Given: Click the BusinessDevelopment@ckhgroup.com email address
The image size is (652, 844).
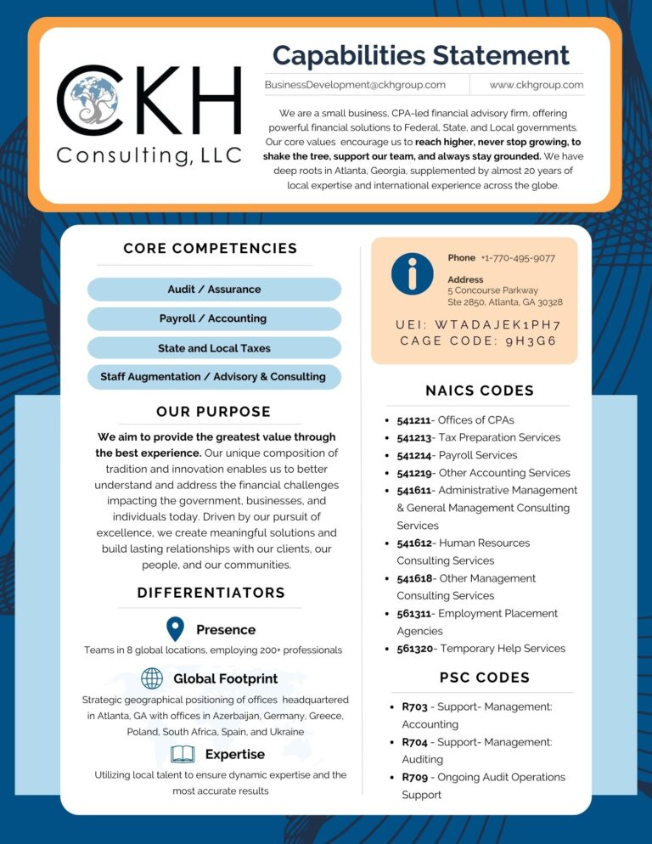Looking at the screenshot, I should click(x=355, y=85).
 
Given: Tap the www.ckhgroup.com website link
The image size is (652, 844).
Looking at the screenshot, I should click(x=537, y=85).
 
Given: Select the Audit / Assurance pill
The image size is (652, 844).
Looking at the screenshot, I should click(x=214, y=290).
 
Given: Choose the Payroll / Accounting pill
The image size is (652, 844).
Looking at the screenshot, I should click(x=214, y=319).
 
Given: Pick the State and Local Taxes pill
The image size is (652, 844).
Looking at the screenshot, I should click(x=214, y=348).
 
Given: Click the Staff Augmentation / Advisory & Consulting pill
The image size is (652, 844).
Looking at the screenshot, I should click(x=214, y=377).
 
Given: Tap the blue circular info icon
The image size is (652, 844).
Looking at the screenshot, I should click(x=413, y=274).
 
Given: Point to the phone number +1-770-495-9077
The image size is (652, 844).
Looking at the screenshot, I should click(x=517, y=258).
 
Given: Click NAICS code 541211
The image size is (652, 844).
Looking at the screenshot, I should click(x=415, y=420).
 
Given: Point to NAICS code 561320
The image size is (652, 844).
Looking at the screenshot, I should click(x=415, y=649).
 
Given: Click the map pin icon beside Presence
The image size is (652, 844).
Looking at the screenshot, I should click(x=175, y=629).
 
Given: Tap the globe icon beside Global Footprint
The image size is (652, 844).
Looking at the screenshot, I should click(x=152, y=678).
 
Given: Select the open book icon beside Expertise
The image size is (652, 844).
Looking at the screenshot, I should click(x=183, y=754).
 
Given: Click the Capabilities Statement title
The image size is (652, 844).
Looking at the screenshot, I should click(x=420, y=55).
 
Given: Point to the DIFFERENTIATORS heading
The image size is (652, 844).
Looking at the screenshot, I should click(x=211, y=593).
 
